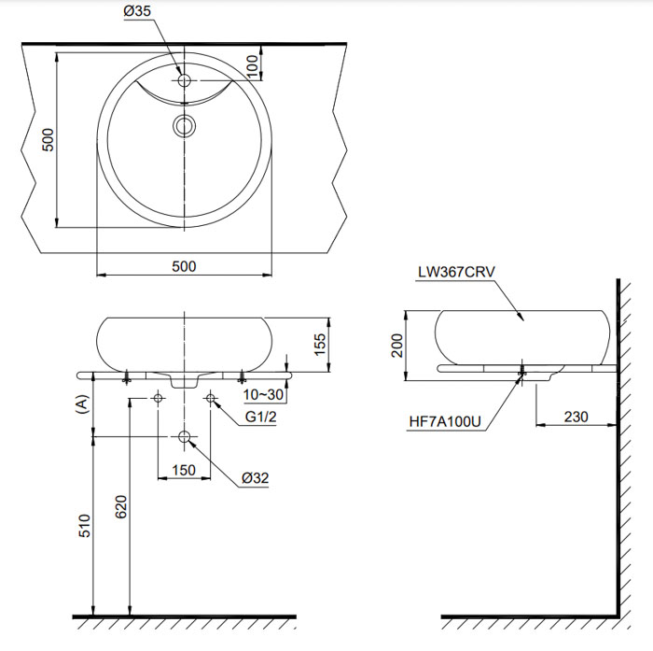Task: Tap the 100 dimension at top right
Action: pyautogui.click(x=252, y=65)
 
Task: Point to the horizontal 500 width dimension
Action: pyautogui.click(x=185, y=266)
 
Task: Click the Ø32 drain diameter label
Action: pyautogui.click(x=255, y=477)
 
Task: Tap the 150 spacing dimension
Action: pyautogui.click(x=184, y=470)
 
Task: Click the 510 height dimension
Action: pyautogui.click(x=84, y=526)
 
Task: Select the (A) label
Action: pyautogui.click(x=82, y=403)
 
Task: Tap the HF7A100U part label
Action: pyautogui.click(x=445, y=422)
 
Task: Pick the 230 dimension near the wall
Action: pyautogui.click(x=576, y=416)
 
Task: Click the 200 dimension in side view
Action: pyautogui.click(x=398, y=345)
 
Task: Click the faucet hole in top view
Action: pyautogui.click(x=185, y=81)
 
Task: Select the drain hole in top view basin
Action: pyautogui.click(x=185, y=125)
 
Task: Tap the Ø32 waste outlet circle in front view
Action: pyautogui.click(x=185, y=437)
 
